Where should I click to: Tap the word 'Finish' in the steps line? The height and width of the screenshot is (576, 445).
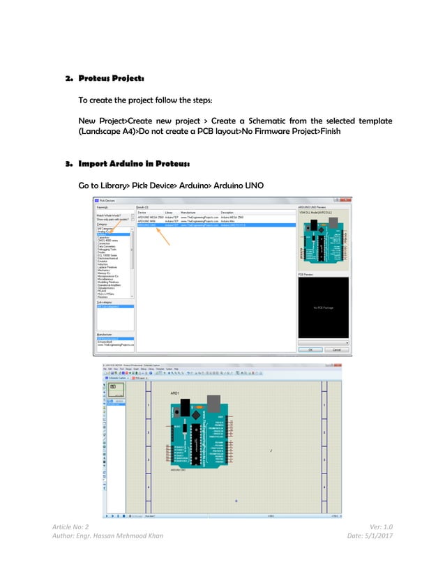click(326, 131)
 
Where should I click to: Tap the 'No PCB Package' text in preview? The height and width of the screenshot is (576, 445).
click(324, 308)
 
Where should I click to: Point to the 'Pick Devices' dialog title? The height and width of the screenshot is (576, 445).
click(111, 200)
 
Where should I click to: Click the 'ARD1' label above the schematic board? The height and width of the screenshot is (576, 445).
click(176, 394)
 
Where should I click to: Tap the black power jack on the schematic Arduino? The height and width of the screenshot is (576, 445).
click(185, 407)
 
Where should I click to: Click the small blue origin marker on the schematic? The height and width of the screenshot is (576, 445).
click(236, 501)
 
